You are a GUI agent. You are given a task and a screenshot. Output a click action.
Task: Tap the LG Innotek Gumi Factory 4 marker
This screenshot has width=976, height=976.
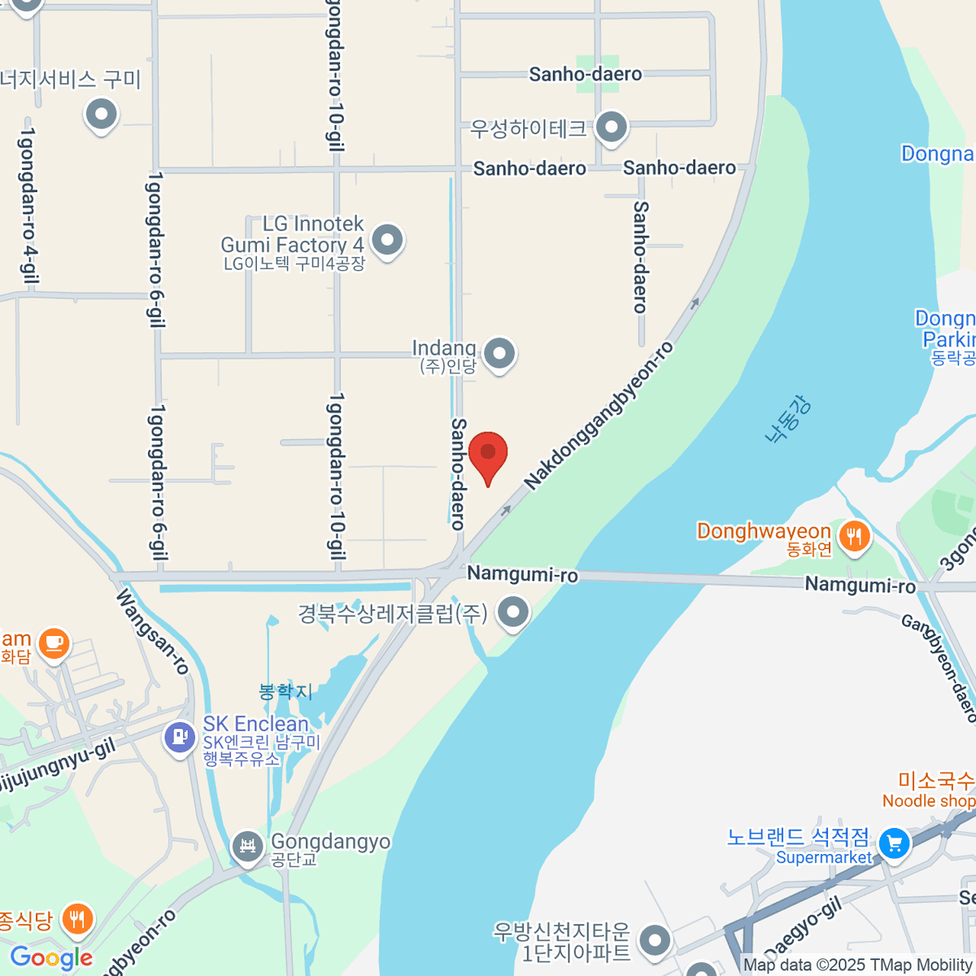point(387,240)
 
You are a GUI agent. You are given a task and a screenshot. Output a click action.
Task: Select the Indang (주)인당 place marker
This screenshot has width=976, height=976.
point(499,354)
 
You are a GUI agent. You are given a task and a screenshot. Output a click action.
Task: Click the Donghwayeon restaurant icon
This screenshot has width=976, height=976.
point(853,536)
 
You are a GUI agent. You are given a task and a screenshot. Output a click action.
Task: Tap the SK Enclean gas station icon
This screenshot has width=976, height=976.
point(179,738)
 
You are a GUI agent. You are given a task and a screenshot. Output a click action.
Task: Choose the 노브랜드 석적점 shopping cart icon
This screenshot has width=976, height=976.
point(895,843)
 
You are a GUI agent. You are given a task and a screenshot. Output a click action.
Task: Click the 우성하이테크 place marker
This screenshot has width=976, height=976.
point(611,126)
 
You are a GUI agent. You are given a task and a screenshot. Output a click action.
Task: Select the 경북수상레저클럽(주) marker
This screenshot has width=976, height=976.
point(513,612)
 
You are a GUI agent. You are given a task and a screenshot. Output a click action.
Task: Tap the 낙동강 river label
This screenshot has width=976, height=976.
point(788,418)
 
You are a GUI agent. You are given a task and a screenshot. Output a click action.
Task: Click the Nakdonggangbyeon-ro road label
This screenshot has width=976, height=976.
point(599,416)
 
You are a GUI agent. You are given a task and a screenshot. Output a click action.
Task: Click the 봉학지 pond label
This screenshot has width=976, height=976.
point(285,691)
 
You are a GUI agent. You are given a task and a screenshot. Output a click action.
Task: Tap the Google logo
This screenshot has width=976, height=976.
point(52,958)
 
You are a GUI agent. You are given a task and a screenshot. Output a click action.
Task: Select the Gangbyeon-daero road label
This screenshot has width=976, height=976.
point(939,669)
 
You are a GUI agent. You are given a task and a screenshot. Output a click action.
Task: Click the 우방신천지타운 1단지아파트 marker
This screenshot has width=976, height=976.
point(654,941)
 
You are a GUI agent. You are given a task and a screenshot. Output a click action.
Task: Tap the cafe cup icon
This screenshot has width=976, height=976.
point(54,643)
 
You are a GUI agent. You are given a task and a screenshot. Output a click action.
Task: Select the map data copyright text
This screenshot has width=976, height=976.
point(857,965)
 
